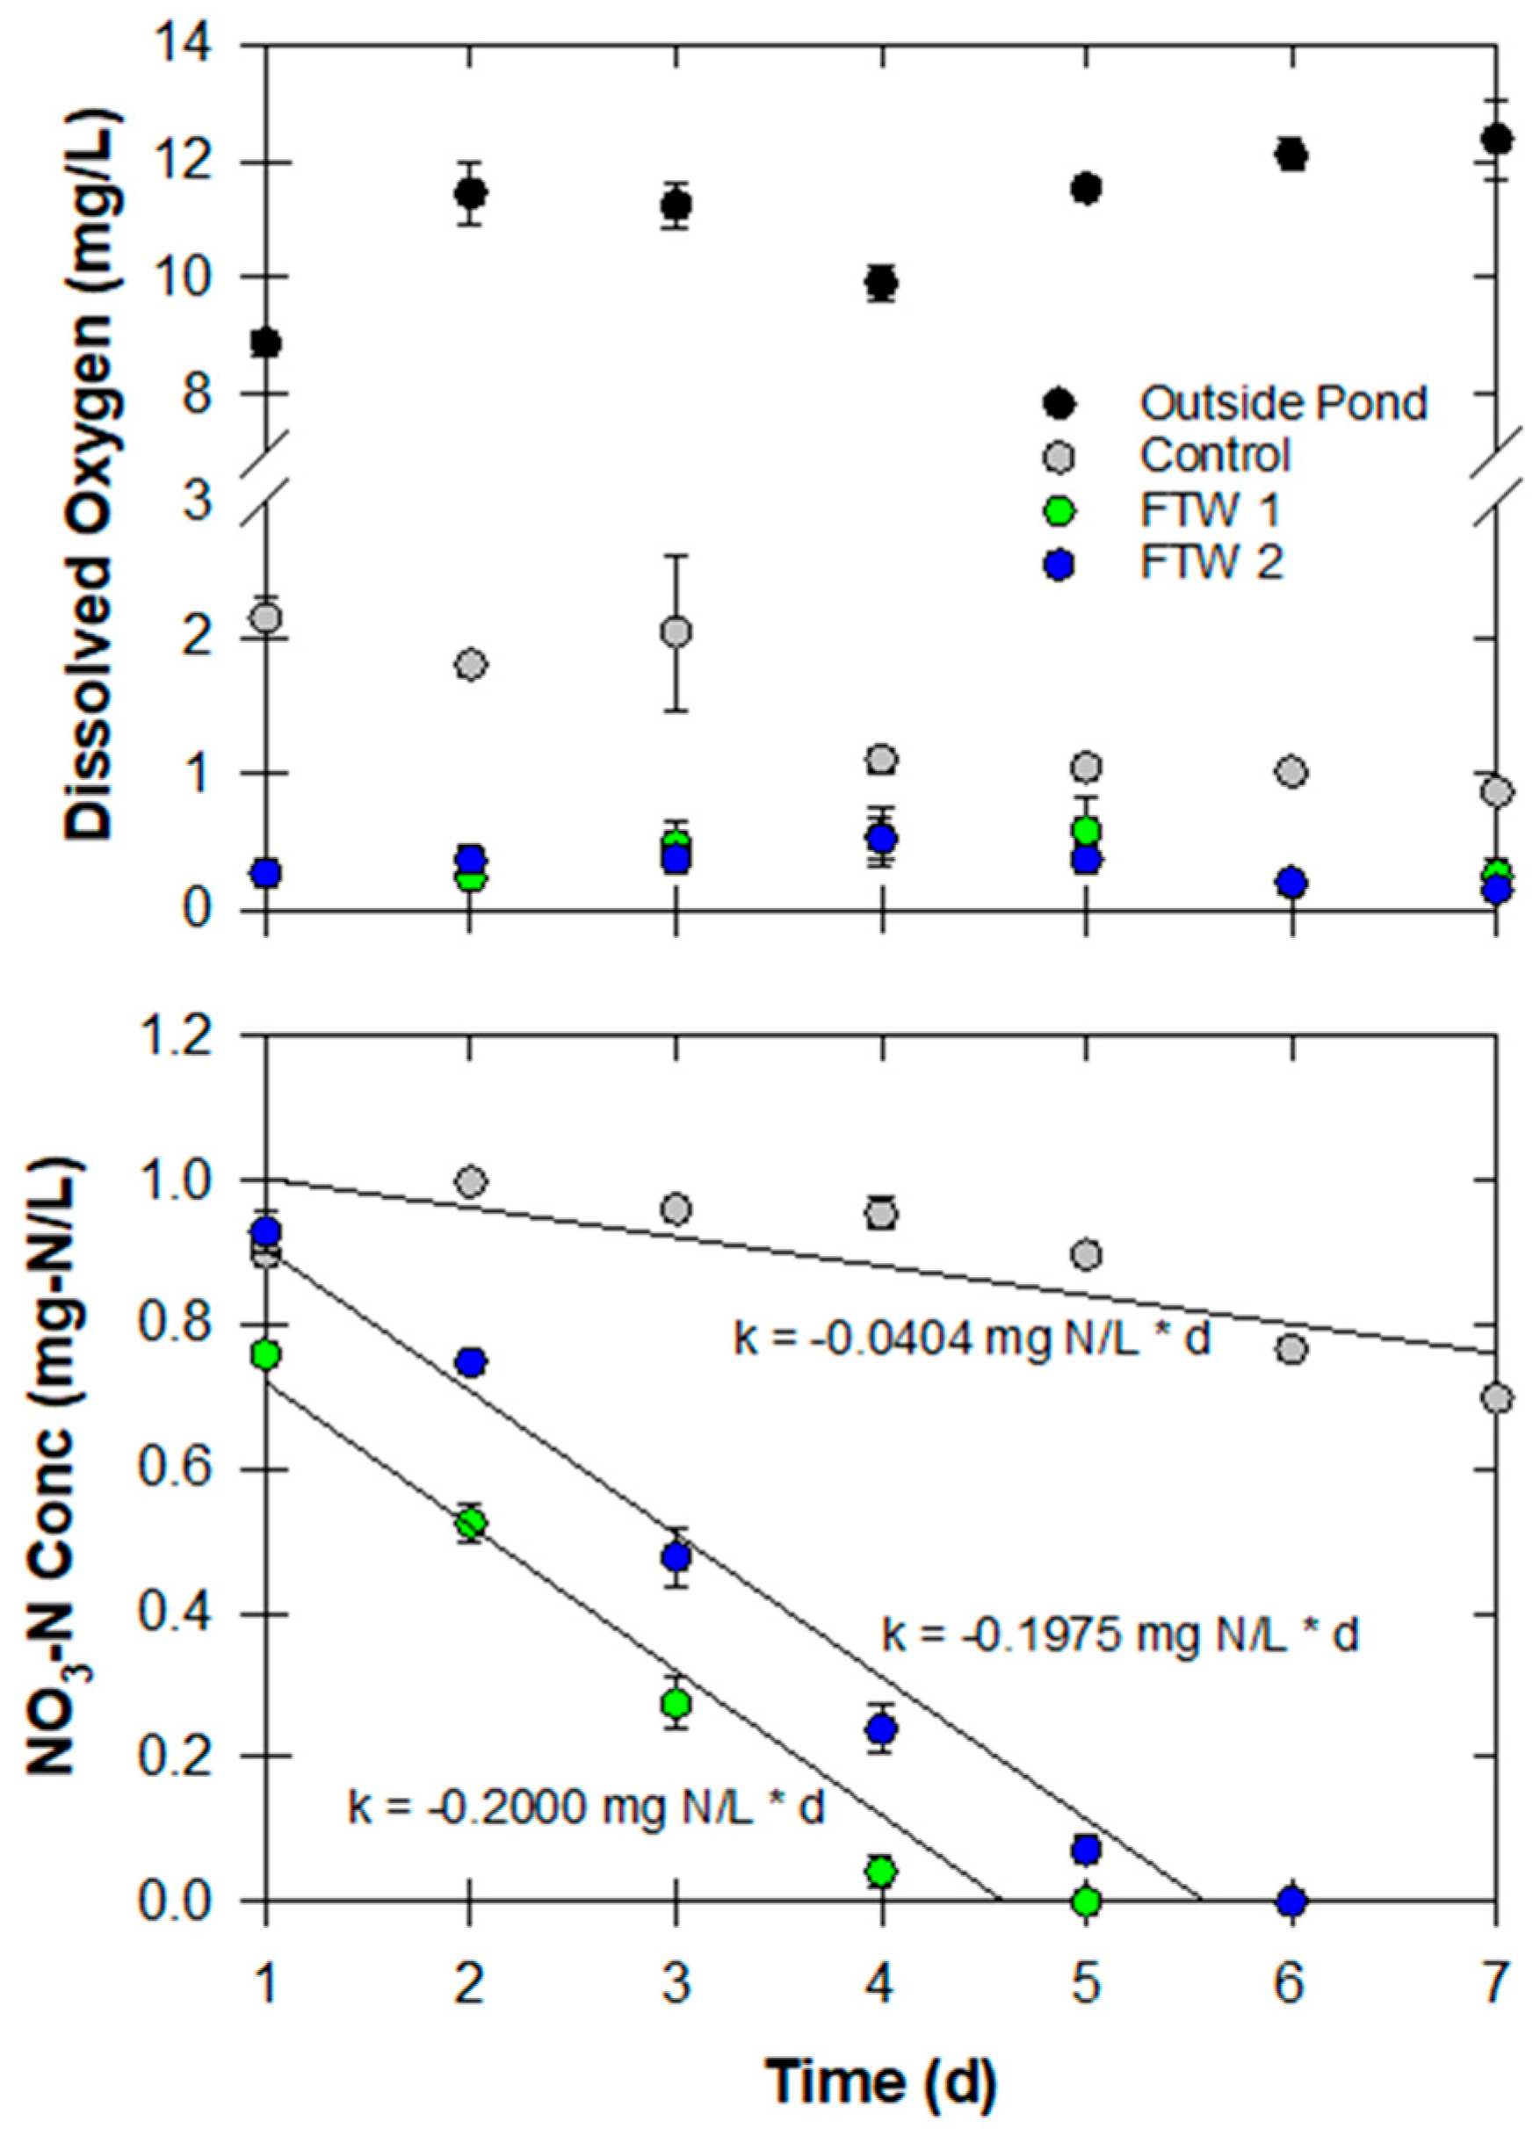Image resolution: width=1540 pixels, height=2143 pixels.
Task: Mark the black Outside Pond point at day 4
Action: pyautogui.click(x=881, y=283)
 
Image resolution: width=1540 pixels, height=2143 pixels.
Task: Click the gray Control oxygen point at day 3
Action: pyautogui.click(x=676, y=631)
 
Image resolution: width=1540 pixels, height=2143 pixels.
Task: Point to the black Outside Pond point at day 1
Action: pyautogui.click(x=266, y=342)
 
